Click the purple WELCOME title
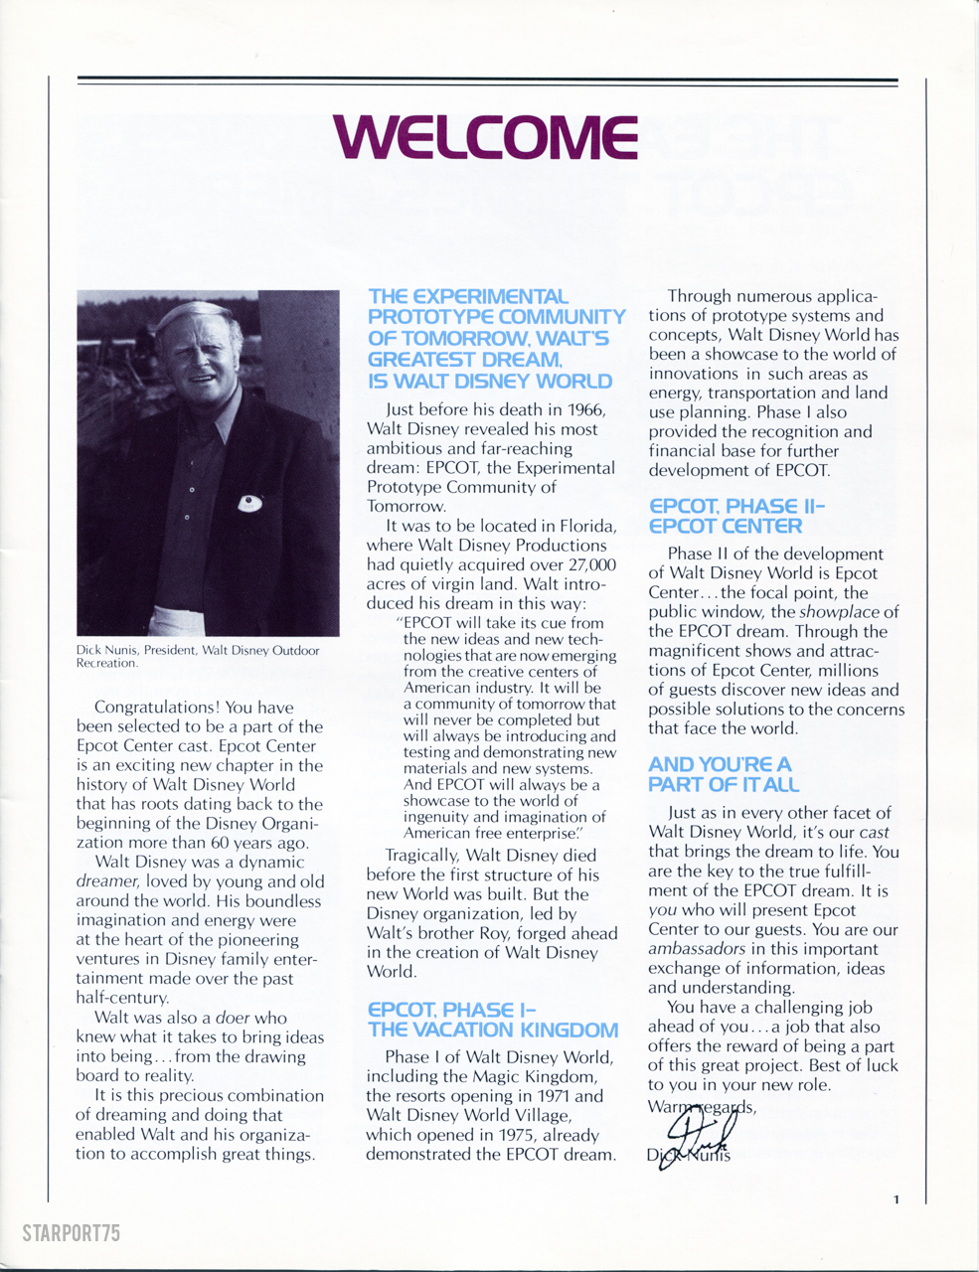point(486,138)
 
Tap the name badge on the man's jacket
point(250,504)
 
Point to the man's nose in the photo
point(188,363)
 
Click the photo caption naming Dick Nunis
point(198,657)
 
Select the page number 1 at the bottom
point(896,1199)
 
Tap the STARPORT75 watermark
point(71,1233)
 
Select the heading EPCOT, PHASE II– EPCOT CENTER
point(736,517)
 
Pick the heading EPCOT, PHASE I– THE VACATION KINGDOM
point(492,1021)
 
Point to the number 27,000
point(587,564)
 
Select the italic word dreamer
point(107,881)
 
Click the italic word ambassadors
point(697,949)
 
